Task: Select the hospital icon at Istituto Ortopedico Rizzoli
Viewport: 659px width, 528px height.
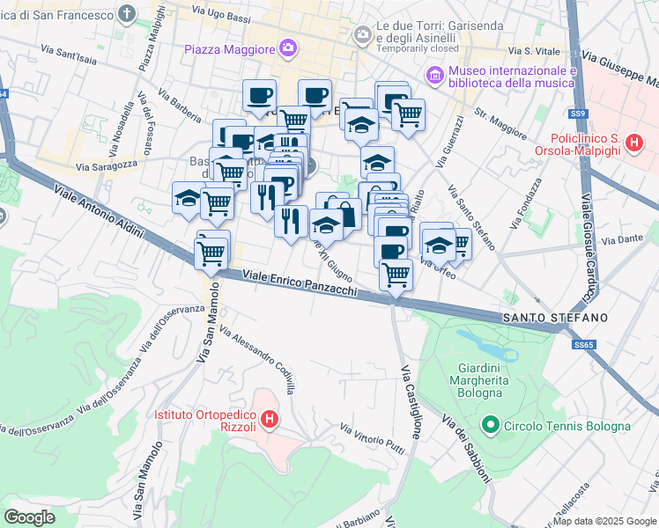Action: click(x=270, y=420)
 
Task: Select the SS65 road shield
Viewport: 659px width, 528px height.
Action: click(x=582, y=346)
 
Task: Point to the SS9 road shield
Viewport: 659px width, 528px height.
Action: click(x=577, y=114)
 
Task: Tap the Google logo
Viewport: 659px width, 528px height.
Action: click(x=29, y=517)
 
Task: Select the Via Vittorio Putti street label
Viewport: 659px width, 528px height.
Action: click(x=373, y=437)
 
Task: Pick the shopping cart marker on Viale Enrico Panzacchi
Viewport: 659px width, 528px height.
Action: click(x=211, y=253)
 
